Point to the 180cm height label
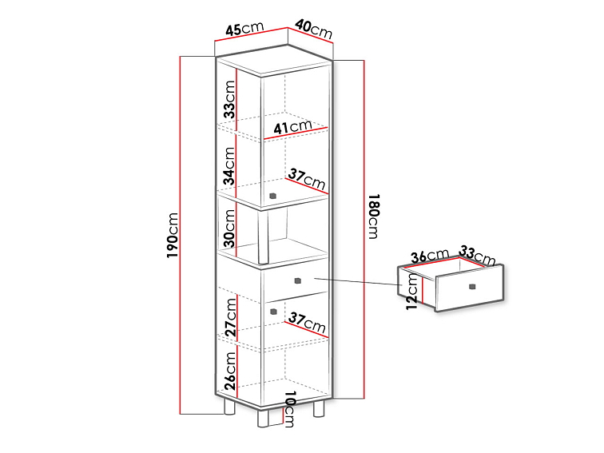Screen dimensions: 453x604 coord(372,215)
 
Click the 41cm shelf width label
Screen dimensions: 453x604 coord(292,126)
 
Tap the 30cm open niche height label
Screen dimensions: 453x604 coord(229,228)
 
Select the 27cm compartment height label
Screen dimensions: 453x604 coord(229,316)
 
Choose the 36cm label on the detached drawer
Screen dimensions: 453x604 coord(430,256)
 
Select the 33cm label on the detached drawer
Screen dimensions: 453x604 coord(478,256)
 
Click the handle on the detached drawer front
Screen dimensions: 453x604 coord(472,286)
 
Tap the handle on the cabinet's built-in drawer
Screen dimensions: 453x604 coord(297,280)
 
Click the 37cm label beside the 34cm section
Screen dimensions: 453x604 coord(308,177)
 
